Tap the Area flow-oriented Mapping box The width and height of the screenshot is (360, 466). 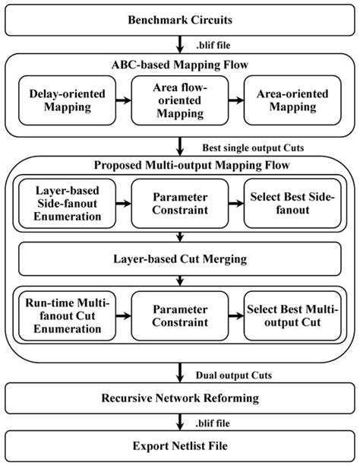tap(180, 100)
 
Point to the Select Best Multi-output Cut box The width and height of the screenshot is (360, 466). tap(293, 315)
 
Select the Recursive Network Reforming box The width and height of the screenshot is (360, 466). tap(180, 398)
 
